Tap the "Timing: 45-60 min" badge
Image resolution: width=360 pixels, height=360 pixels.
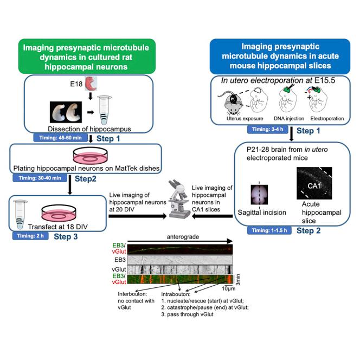[x=60, y=138]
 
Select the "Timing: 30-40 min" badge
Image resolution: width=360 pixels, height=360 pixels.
[x=40, y=178]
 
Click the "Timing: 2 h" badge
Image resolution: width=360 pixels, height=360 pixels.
[x=30, y=236]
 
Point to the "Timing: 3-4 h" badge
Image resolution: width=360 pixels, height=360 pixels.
[x=268, y=130]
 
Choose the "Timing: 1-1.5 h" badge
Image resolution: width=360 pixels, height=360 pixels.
[x=269, y=230]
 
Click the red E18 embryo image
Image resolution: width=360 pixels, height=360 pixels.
[x=91, y=83]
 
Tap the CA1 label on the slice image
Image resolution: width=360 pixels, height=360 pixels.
[x=314, y=186]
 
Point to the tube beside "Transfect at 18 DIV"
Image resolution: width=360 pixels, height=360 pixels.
[x=20, y=215]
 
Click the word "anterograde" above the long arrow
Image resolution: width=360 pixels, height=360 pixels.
[x=183, y=237]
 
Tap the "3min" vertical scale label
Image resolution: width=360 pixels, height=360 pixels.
[x=238, y=280]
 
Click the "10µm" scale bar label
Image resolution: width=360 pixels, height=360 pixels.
[x=228, y=288]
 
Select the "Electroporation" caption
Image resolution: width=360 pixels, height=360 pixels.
[x=327, y=119]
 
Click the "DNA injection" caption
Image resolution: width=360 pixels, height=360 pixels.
[x=289, y=119]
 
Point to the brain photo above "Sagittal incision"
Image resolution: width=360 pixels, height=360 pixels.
[x=259, y=195]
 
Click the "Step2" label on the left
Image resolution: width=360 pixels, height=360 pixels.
[x=86, y=179]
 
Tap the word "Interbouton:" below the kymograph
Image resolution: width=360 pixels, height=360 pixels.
[x=132, y=294]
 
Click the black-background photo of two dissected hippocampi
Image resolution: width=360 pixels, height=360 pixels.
[x=66, y=112]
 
